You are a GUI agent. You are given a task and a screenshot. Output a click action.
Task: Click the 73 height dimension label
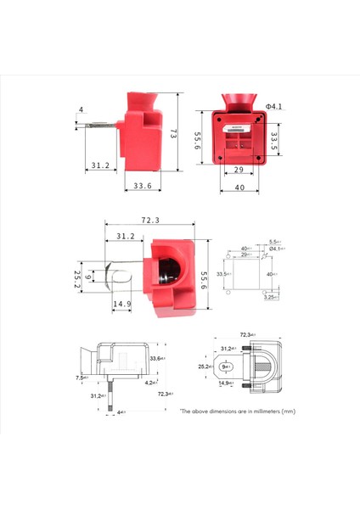click(172, 135)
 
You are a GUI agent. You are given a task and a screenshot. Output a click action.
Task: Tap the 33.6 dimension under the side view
click(142, 187)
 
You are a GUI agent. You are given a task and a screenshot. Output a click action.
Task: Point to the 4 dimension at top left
click(81, 109)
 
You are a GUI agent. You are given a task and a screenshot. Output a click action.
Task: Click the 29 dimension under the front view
click(239, 171)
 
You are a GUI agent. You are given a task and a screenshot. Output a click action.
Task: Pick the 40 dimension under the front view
click(239, 187)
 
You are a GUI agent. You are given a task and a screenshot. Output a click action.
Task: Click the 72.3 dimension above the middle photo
click(149, 221)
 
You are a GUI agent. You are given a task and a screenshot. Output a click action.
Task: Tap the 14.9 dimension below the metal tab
click(122, 304)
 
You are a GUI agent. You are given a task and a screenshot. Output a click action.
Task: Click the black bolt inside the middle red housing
click(168, 272)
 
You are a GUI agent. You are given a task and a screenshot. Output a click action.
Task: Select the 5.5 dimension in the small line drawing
click(273, 242)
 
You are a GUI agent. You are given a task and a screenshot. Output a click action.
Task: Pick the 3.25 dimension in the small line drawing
click(269, 297)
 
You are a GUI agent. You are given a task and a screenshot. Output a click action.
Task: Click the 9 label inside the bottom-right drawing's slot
click(224, 367)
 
